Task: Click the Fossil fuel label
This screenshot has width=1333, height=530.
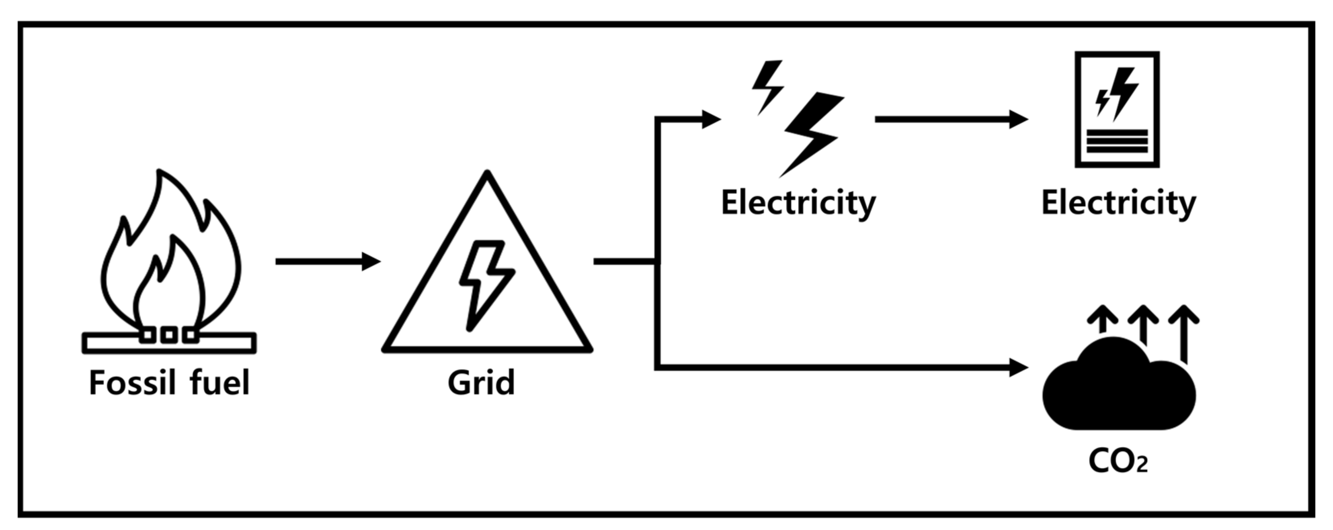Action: point(169,383)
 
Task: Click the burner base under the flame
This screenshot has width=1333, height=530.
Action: point(169,343)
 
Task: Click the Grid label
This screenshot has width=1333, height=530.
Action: point(481,383)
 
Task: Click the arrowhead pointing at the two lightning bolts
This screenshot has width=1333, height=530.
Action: point(711,119)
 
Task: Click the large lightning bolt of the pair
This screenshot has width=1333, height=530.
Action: point(811,133)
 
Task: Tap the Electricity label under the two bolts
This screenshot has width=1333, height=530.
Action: point(798,203)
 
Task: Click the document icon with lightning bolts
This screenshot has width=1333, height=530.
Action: point(1117,109)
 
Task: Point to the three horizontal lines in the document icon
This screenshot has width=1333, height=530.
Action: point(1117,142)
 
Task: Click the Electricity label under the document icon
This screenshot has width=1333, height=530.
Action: point(1118,203)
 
